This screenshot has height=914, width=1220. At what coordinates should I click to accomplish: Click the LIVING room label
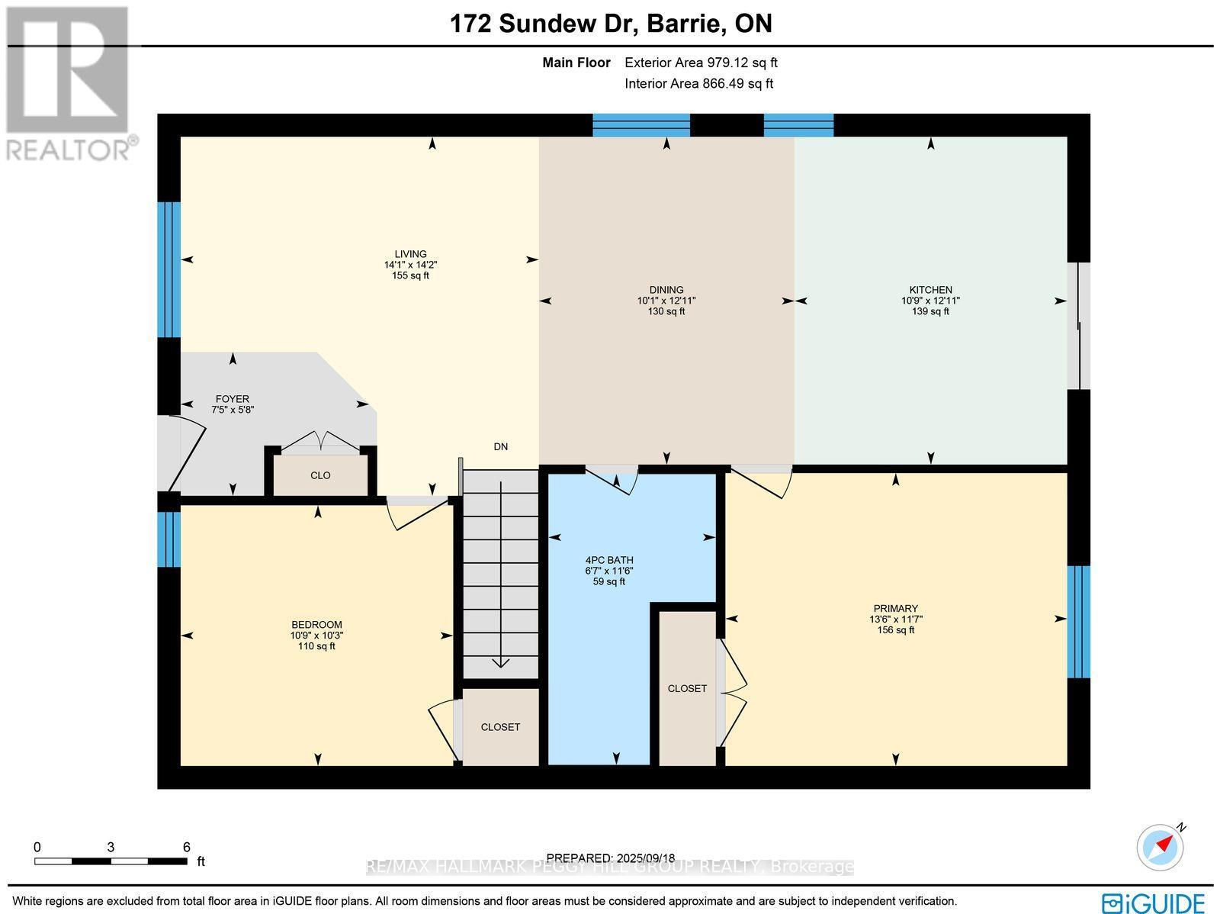(411, 254)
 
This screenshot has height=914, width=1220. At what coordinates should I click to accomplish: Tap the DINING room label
(666, 290)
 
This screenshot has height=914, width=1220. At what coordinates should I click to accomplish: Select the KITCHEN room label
(931, 290)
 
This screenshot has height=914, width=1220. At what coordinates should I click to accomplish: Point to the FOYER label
(233, 399)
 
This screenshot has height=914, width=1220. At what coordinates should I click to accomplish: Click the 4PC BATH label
(609, 560)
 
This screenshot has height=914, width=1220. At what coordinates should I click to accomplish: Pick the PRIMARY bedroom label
(896, 608)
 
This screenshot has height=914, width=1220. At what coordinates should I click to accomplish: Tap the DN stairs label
(501, 446)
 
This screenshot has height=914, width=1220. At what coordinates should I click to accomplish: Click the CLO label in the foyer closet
(321, 475)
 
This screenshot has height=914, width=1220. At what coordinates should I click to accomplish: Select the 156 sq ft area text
(896, 630)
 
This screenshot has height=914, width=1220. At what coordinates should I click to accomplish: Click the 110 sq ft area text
(316, 646)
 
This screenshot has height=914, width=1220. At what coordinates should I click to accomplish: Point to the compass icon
(1160, 848)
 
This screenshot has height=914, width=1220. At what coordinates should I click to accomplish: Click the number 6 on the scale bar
(187, 847)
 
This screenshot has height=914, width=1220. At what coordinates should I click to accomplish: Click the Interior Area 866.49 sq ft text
(698, 83)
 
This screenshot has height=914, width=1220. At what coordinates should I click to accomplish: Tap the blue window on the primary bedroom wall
(1078, 622)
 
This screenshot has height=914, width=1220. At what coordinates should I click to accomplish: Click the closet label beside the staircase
(500, 727)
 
